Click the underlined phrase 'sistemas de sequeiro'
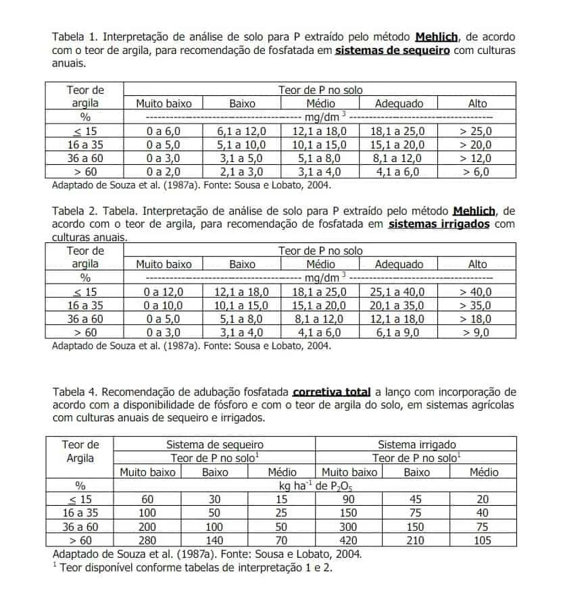click(392, 51)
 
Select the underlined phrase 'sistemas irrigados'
click(439, 224)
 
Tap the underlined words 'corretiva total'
click(331, 392)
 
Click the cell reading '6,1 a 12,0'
click(242, 131)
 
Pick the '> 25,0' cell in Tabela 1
click(477, 131)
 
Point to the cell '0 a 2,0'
click(164, 172)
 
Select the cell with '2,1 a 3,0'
click(242, 172)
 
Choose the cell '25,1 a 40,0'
click(399, 292)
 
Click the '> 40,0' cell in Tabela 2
click(477, 292)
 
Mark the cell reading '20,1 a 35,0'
click(399, 305)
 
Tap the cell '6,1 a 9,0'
click(399, 332)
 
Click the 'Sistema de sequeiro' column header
click(214, 444)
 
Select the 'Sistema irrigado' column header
click(416, 444)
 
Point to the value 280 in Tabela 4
click(147, 540)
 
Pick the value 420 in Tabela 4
click(349, 540)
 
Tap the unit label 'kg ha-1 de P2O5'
click(315, 486)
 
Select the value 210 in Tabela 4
click(416, 540)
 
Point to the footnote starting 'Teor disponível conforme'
click(195, 567)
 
